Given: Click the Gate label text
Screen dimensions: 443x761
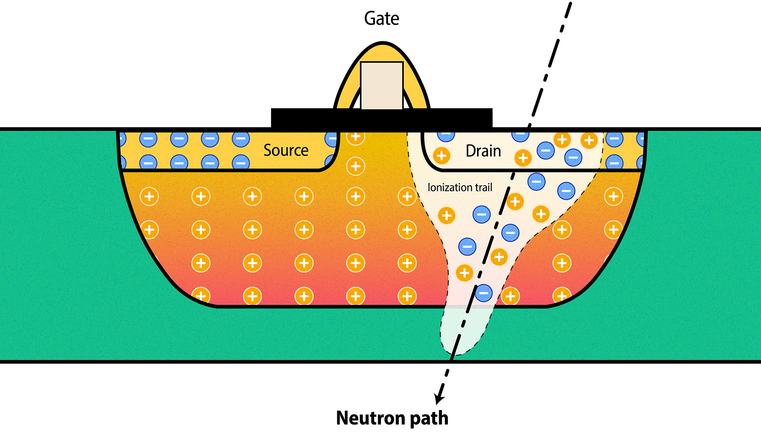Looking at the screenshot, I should point(382,19).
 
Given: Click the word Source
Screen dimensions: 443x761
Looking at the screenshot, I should point(286,150).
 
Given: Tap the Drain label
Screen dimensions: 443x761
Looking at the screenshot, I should point(483,151).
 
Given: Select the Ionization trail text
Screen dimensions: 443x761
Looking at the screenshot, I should point(460,187).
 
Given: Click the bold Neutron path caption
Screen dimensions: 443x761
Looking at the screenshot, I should point(392,418).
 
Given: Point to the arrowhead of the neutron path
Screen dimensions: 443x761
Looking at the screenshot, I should point(439,400).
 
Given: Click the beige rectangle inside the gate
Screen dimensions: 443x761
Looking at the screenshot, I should point(382,86).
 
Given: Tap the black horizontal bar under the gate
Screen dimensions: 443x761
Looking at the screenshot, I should point(382,118).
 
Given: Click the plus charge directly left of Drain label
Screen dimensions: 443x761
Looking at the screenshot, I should point(441,156).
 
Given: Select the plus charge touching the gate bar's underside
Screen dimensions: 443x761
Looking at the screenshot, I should point(355,137).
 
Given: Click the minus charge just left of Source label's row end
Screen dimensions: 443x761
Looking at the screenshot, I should point(240,139).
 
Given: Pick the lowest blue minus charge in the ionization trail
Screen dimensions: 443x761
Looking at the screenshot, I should point(484,293).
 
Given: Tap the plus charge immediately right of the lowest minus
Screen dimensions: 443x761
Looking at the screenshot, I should point(510,296).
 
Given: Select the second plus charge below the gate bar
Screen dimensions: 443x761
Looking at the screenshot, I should point(355,166).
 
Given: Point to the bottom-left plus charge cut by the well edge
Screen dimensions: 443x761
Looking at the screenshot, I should point(201,295).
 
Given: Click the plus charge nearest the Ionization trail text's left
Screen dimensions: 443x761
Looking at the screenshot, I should point(407,196).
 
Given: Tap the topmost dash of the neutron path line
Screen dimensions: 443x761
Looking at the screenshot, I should point(568,10).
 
